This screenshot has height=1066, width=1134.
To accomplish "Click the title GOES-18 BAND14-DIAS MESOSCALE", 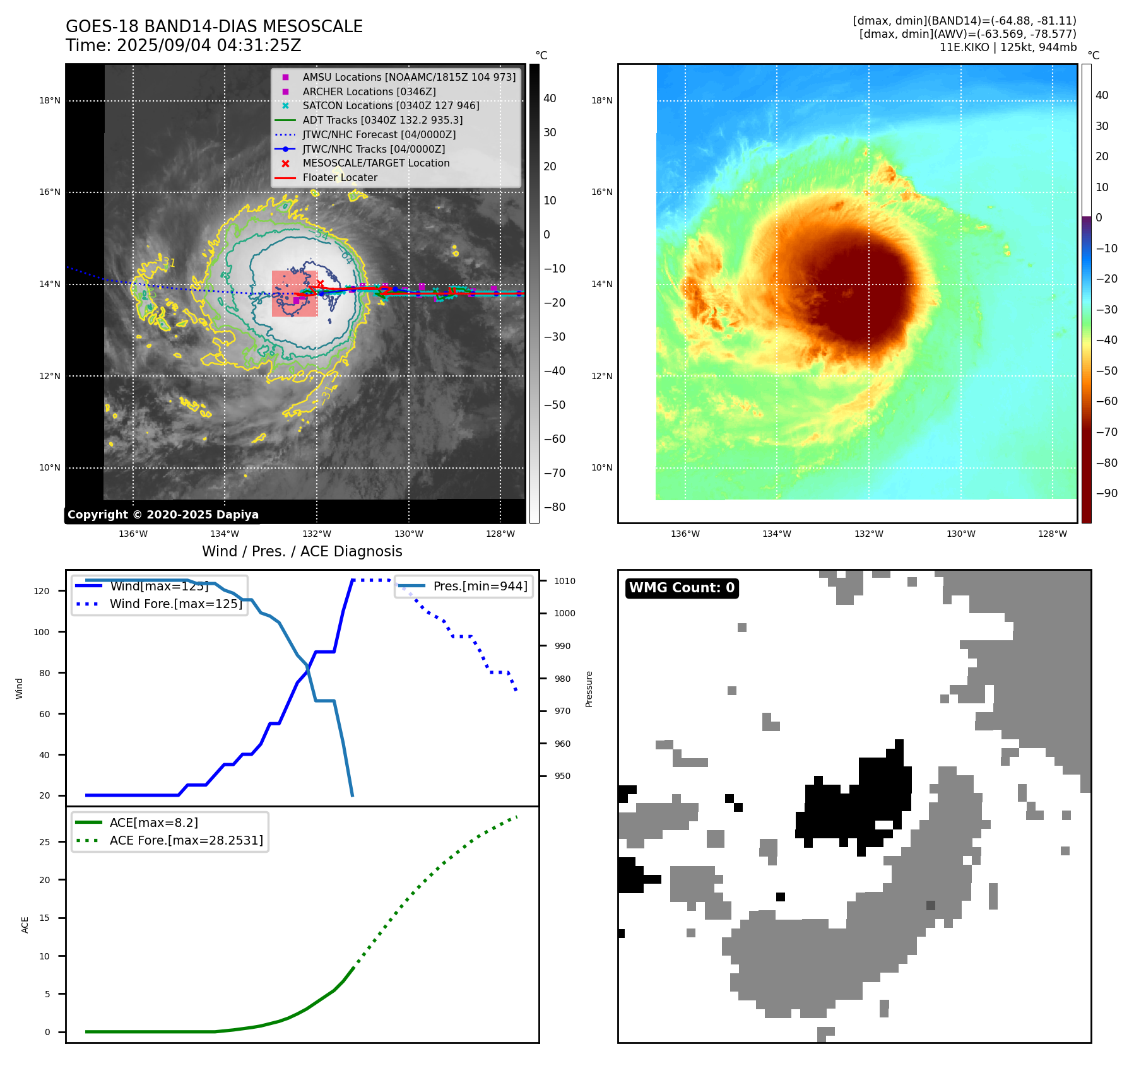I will coord(214,26).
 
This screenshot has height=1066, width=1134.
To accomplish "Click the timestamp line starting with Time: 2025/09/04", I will coord(183,46).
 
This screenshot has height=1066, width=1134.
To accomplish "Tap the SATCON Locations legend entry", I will coord(391,106).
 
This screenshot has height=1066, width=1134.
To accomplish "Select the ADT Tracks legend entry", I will coord(382,120).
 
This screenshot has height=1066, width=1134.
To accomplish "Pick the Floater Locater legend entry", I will coord(340,178).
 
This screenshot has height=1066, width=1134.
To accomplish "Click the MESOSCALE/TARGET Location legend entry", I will coord(375,163).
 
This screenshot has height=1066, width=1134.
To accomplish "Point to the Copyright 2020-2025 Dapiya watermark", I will coord(163,515).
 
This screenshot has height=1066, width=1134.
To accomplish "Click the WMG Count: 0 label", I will coord(682,588).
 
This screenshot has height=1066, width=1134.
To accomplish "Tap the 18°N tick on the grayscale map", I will coord(50,101).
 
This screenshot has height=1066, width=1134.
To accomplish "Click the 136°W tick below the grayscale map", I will coord(133,534).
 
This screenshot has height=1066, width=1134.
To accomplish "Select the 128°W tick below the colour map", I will coord(1053,534).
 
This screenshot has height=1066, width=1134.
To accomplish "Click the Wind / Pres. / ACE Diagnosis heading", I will coord(302,551).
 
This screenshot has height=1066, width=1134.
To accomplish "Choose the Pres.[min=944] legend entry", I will coord(480,587).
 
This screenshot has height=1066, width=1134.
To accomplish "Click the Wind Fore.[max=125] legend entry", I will coord(175,604).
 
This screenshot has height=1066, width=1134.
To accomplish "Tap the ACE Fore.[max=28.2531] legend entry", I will coord(186,841).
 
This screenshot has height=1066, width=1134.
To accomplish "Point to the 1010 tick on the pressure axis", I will coord(565,582).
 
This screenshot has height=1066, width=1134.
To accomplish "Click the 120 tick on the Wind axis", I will coord(42,592).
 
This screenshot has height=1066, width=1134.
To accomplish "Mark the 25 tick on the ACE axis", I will coord(45,842).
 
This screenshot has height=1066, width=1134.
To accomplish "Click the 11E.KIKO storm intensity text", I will coord(1008,47).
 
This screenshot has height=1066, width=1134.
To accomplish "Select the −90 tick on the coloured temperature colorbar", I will coord(1106,493).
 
